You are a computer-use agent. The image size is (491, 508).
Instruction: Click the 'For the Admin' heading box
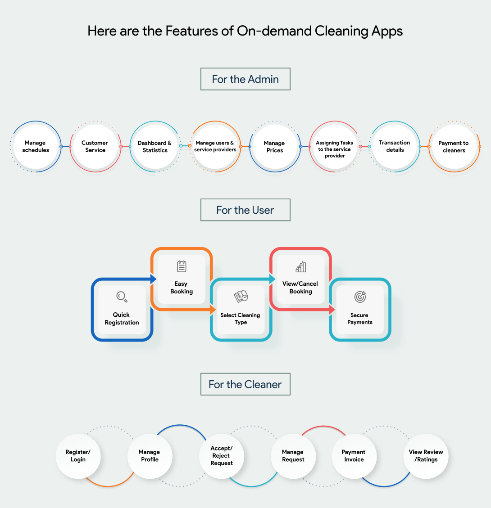coord(245,79)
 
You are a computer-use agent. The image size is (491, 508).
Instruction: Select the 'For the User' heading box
coord(245,210)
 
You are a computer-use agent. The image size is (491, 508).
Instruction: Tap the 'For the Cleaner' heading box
coord(245,384)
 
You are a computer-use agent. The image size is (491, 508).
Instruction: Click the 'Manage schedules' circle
coord(36,147)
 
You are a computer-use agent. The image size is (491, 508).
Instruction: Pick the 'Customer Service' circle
coord(95,147)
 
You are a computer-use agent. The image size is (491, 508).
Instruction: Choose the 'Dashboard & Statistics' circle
coord(155,147)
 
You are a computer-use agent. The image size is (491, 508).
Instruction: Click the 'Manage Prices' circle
coord(274,147)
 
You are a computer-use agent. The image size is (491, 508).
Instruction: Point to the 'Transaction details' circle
coord(395,146)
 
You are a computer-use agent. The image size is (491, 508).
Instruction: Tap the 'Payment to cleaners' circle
coord(454,147)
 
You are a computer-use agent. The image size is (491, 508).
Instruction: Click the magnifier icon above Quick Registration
coord(122,297)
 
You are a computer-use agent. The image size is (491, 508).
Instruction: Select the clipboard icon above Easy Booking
coord(182,266)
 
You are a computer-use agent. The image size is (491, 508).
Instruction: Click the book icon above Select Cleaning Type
coord(241,297)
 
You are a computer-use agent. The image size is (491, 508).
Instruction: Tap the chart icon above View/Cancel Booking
coord(300,267)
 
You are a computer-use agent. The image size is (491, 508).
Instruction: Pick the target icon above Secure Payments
coord(360,297)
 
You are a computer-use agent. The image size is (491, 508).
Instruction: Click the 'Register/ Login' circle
coord(78,456)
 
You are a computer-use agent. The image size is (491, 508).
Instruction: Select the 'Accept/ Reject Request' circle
coord(222,456)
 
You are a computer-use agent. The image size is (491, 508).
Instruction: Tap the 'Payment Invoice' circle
coord(354,456)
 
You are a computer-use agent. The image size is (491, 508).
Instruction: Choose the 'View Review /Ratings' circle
coord(426,456)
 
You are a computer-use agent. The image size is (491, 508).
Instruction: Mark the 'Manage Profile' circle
coord(150,456)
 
